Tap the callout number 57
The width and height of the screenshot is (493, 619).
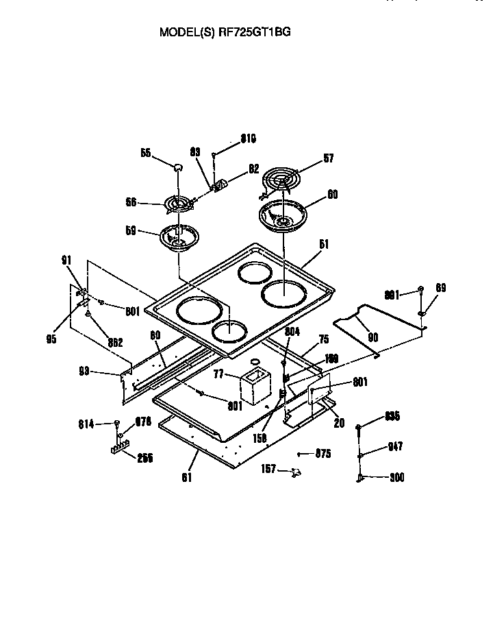[329, 159]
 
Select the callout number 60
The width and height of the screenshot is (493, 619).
[332, 194]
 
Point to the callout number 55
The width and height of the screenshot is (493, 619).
[146, 154]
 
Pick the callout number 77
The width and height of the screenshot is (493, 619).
[220, 375]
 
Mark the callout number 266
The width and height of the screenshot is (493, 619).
[144, 459]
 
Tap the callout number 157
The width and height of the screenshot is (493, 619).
[269, 469]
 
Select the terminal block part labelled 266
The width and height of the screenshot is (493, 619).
[121, 450]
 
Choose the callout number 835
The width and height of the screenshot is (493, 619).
[392, 416]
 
